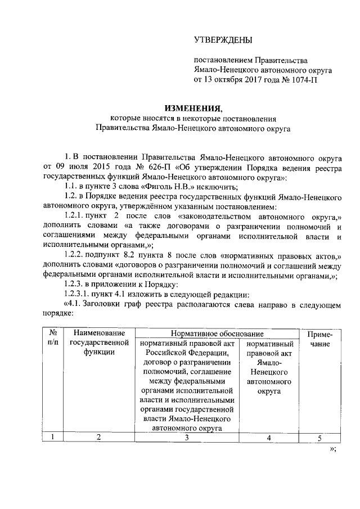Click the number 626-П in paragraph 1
(x=150, y=168)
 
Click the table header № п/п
(x=53, y=339)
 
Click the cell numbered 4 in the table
(x=269, y=438)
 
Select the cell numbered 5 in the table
(x=319, y=438)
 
